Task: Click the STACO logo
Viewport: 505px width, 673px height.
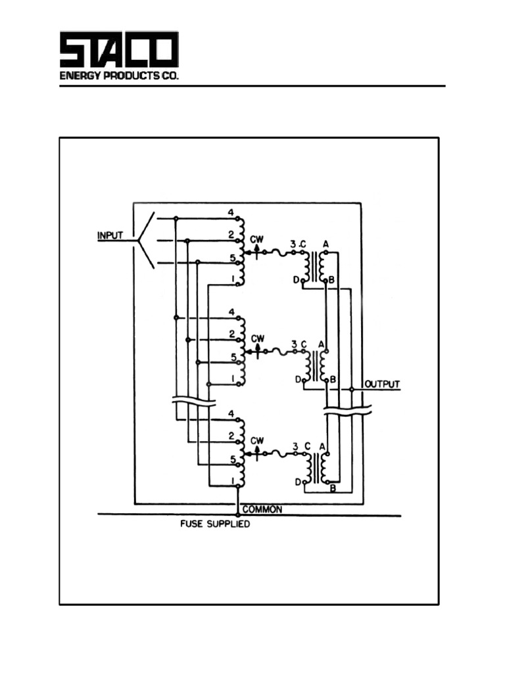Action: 119,51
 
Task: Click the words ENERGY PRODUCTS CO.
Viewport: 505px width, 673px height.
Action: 119,76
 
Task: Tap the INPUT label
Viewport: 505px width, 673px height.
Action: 110,235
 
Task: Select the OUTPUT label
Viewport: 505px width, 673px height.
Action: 382,384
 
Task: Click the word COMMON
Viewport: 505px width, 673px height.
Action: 262,509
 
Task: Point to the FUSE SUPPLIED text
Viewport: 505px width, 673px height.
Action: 215,525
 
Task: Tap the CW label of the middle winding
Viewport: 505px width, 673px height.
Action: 258,338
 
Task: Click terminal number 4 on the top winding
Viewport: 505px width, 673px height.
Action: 231,212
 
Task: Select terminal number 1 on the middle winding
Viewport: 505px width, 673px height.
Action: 232,378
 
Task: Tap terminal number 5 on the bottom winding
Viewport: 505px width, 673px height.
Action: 232,459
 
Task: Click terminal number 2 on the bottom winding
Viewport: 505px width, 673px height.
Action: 231,436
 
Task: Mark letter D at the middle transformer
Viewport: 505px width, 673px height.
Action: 298,379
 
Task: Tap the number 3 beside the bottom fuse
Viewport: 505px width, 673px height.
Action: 295,446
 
